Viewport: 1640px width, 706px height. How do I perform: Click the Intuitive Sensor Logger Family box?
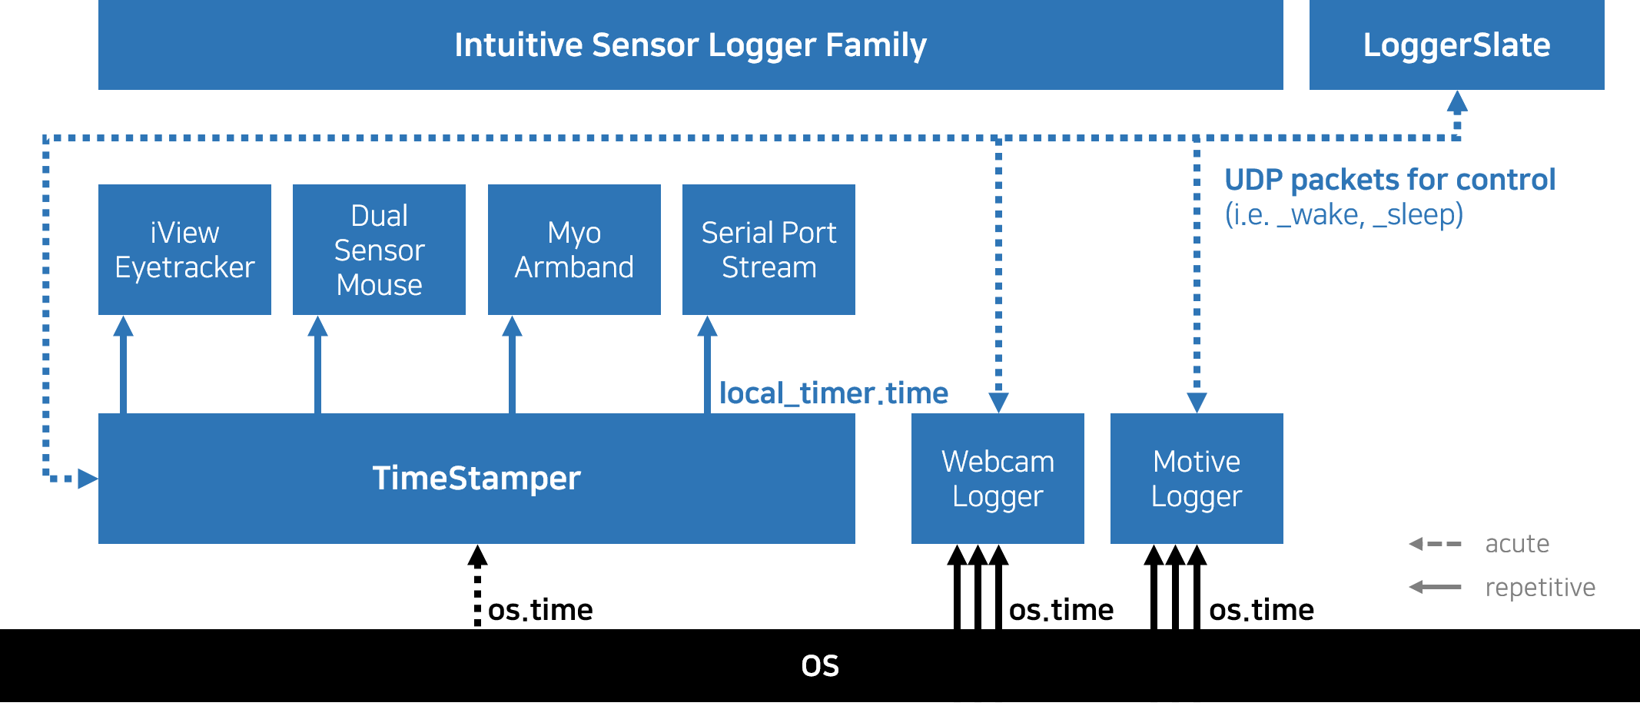coord(690,45)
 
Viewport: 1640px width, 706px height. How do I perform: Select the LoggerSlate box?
coord(1456,45)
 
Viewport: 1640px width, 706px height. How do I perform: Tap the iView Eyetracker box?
coord(184,249)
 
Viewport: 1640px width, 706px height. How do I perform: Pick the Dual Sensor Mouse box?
coord(379,249)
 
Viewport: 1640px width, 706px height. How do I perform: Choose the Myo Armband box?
coord(574,249)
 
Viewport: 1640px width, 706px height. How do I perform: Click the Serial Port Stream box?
coord(769,249)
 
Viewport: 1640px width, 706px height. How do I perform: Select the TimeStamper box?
coord(476,478)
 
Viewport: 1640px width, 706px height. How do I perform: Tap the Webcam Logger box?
coord(998,478)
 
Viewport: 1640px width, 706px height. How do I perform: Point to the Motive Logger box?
coord(1197,478)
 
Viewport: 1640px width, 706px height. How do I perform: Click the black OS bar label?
coord(820,665)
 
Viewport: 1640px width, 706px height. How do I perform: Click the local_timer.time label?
coord(834,393)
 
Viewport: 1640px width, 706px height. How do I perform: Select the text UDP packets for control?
coord(1389,180)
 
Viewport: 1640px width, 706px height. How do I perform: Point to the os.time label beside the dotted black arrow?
coord(540,610)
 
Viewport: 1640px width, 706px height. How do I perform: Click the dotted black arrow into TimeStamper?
coord(477,586)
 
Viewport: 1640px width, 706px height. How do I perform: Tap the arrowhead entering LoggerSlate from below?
coord(1457,101)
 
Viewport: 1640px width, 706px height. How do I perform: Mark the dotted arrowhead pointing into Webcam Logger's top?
coord(998,403)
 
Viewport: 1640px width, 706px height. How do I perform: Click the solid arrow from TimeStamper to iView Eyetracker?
coord(123,364)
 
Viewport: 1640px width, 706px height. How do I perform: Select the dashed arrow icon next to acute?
coord(1435,544)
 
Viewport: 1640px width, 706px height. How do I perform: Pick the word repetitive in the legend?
coord(1540,588)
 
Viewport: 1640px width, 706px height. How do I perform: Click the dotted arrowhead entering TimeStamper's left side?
coord(88,479)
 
